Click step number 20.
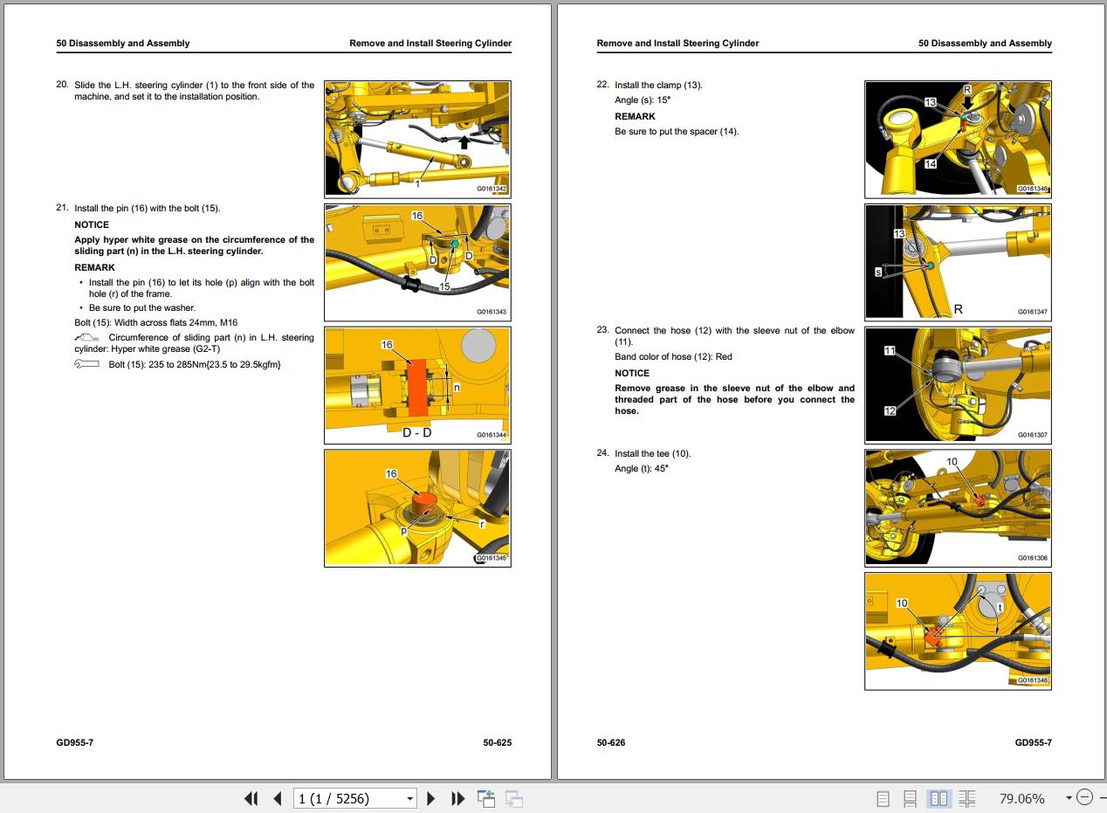pos(62,85)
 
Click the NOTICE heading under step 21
pos(92,225)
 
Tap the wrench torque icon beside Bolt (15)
pos(86,364)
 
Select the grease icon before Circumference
pos(86,338)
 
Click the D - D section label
pos(416,433)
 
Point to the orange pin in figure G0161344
pos(417,388)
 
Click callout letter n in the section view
pos(457,388)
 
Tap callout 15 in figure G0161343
pos(444,286)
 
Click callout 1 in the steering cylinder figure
pos(417,184)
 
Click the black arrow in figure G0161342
pos(464,141)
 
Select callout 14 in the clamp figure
pos(931,164)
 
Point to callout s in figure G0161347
pos(878,272)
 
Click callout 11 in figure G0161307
pos(890,351)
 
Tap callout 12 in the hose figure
pos(890,410)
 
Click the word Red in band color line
pos(724,357)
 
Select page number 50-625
pos(497,743)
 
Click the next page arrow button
pos(430,799)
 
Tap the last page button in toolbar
pos(457,799)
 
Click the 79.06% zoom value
pos(1021,799)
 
